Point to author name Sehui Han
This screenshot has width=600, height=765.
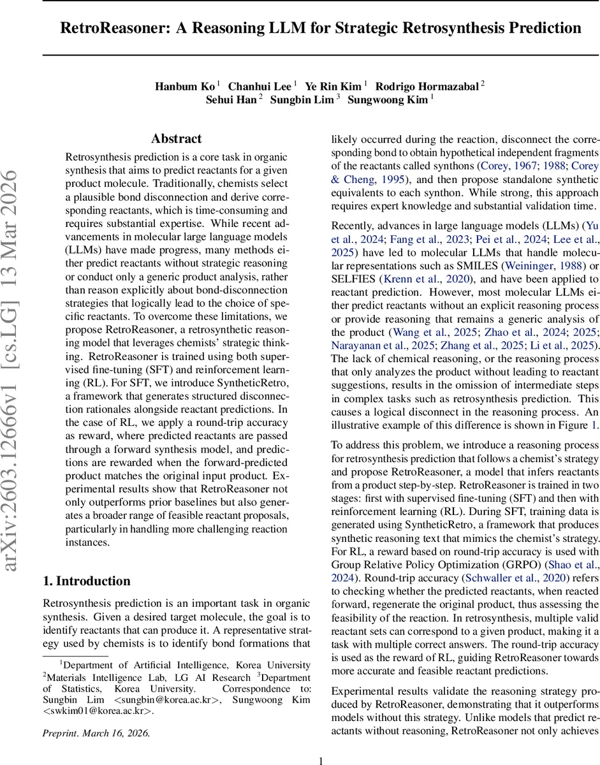click(231, 99)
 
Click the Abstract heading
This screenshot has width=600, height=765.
click(176, 139)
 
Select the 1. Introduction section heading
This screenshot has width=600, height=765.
click(86, 581)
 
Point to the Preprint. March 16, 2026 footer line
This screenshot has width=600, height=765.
click(96, 732)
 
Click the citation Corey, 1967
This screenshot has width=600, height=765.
click(507, 166)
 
